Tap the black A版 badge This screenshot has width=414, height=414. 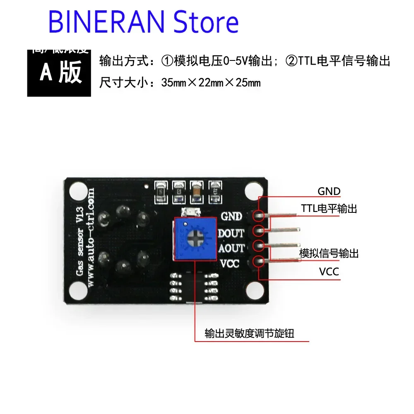(59, 73)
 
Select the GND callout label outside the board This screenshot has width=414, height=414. (329, 192)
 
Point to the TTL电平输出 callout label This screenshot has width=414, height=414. (329, 209)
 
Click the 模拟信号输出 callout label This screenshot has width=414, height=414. (329, 253)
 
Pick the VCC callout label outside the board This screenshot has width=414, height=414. (329, 272)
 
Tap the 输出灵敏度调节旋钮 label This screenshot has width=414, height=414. (249, 333)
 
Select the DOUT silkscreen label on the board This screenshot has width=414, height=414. (231, 233)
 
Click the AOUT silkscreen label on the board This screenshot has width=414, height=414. (231, 248)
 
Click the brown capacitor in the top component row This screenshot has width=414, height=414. (196, 191)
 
